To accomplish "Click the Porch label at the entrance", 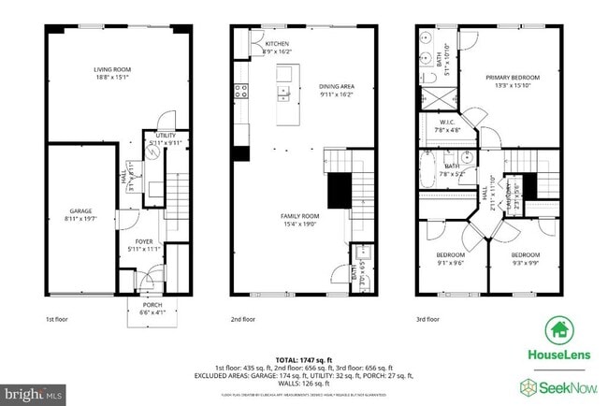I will [x=151, y=307].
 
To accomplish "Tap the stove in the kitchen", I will [x=240, y=91].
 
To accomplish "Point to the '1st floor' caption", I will [x=57, y=319].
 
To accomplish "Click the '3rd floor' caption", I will [x=427, y=319].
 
